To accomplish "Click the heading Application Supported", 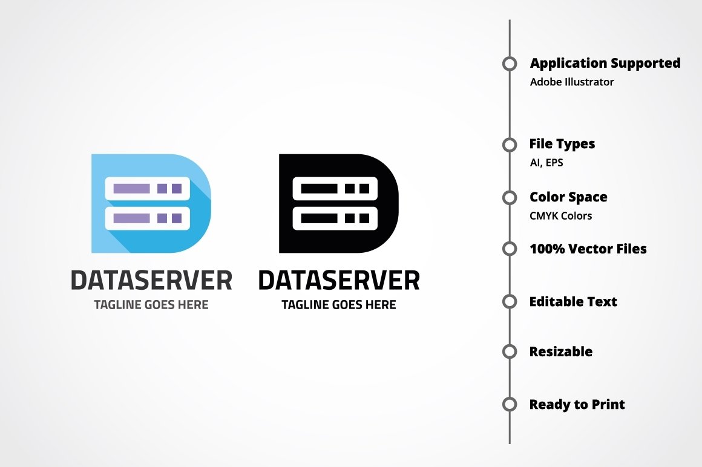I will tap(605, 63).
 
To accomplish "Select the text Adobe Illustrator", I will tap(571, 82).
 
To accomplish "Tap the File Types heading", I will tap(562, 144).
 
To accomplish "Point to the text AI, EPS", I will tap(546, 163).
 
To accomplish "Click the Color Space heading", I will tap(568, 197).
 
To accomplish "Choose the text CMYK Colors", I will tap(560, 216).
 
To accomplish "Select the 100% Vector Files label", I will tap(588, 249).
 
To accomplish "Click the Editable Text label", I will tap(572, 301).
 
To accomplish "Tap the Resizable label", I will tap(560, 351).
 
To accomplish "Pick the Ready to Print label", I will tap(577, 404).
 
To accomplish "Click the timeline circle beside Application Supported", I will tap(510, 64).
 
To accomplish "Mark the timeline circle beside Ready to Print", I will tap(510, 404).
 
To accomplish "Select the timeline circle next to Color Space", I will tap(510, 197).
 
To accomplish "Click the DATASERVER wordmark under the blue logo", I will tap(151, 281).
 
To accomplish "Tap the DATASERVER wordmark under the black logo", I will tap(339, 281).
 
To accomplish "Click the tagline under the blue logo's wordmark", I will tap(151, 305).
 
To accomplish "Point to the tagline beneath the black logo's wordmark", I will tap(339, 305).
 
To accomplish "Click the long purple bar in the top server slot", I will tap(131, 189).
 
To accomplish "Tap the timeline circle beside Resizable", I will tap(510, 351).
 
